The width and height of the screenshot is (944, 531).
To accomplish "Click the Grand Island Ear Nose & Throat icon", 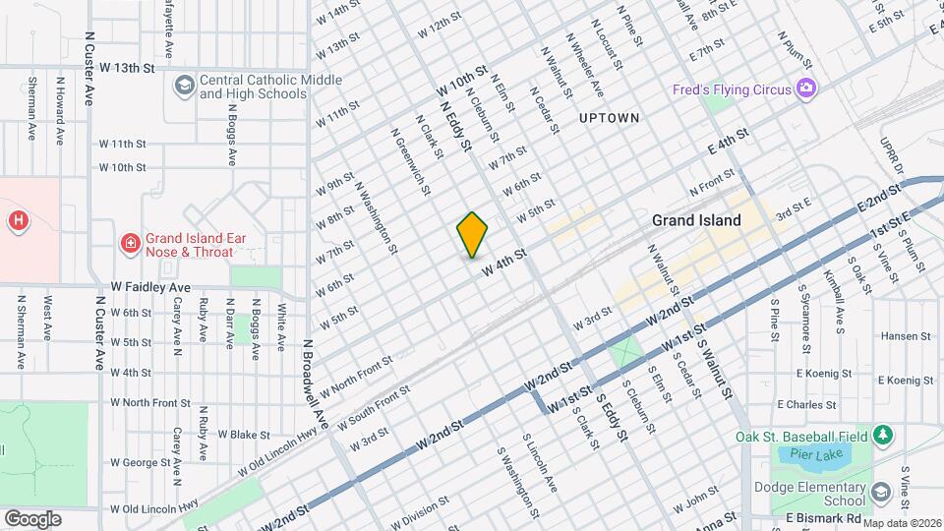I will point(129,243).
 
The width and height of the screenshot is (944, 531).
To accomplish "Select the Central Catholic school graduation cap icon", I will point(184,87).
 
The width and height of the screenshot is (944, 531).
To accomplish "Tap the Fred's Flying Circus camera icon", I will point(806,89).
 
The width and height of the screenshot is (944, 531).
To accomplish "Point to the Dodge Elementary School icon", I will point(880,491).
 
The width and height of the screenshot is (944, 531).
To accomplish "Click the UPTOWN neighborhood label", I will point(609,118).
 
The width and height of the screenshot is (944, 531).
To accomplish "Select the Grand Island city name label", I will point(696,220).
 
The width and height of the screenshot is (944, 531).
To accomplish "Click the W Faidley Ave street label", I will point(150,287).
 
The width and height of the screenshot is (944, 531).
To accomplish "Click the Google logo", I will point(32,518).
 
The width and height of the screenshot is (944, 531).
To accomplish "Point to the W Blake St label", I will point(244,434).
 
